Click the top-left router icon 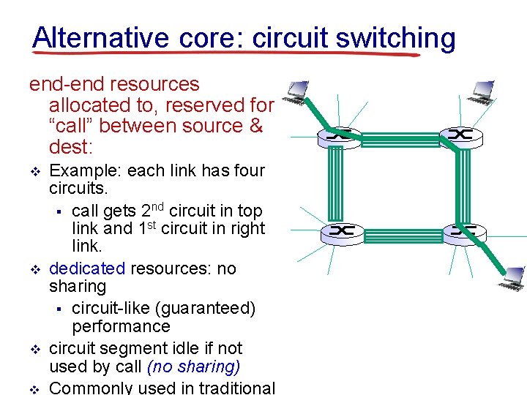[340, 135]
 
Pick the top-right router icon [461, 135]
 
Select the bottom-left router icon [341, 232]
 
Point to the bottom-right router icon [464, 231]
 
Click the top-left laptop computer [296, 91]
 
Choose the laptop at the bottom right [510, 277]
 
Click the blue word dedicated [87, 268]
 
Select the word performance [120, 326]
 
